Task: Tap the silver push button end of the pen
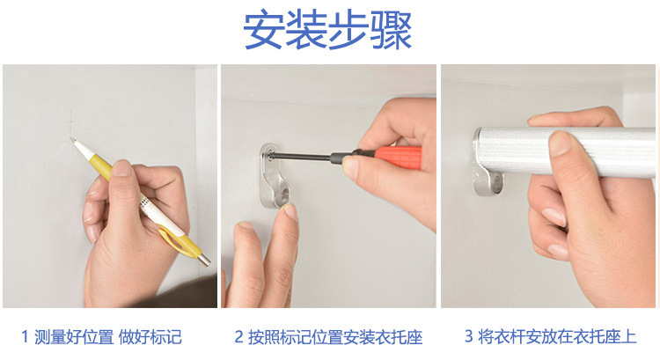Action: [205, 261]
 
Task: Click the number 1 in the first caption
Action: [25, 336]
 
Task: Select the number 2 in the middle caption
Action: [238, 336]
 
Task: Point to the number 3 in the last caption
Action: [468, 336]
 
